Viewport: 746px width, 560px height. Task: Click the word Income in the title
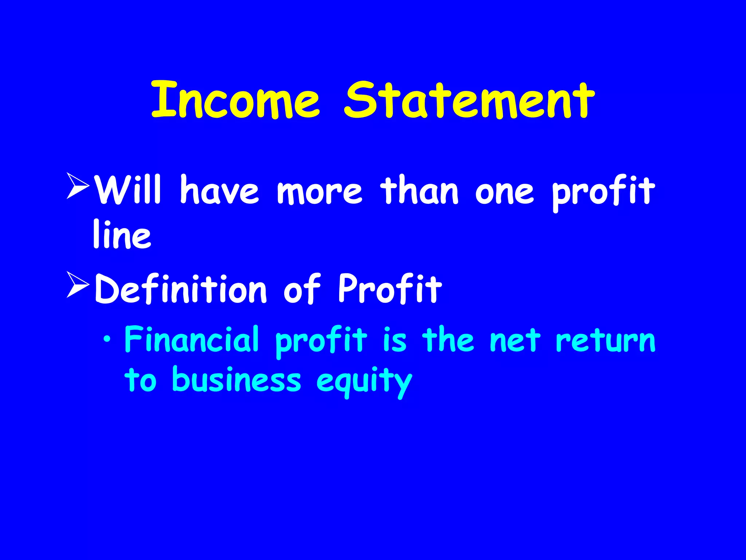(x=235, y=100)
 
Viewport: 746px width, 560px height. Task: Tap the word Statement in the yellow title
(x=470, y=100)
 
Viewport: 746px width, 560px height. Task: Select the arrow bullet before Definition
(x=78, y=285)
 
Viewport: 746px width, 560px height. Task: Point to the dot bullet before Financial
(x=106, y=340)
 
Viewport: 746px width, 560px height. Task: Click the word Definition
(x=181, y=289)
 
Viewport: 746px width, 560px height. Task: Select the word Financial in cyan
(x=192, y=339)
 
